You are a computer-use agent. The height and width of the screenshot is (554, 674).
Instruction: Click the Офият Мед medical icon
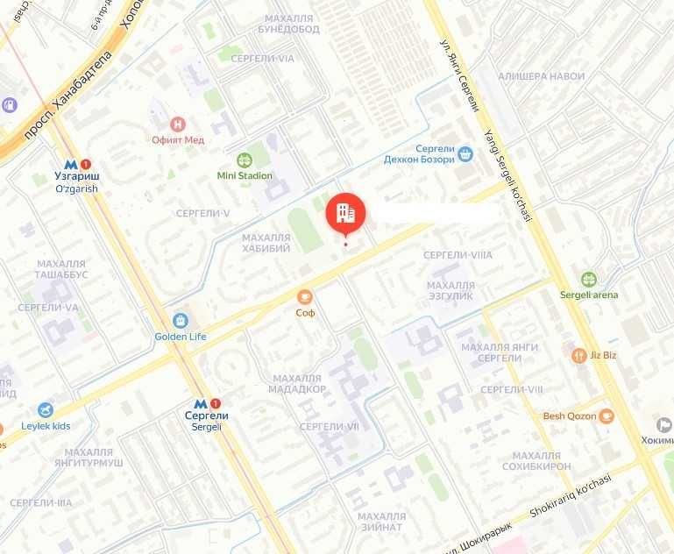(x=179, y=124)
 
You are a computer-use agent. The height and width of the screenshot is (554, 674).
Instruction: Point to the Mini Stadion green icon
(x=245, y=160)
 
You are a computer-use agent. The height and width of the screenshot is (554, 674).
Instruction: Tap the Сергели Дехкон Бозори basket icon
(x=465, y=153)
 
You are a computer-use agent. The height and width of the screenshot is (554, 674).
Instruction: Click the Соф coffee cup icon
(x=305, y=296)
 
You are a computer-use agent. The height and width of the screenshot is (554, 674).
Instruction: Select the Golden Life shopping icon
(x=180, y=321)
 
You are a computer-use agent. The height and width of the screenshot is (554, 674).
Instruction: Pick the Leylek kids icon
(x=45, y=410)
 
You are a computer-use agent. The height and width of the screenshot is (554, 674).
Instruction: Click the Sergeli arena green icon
(x=589, y=280)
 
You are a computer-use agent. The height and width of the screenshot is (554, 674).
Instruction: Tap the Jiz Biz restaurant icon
(x=578, y=355)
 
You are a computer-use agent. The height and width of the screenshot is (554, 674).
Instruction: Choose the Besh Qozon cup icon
(x=606, y=416)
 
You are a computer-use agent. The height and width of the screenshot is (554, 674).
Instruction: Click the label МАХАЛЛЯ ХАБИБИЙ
(x=266, y=243)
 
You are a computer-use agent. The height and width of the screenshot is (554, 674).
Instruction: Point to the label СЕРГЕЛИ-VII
(x=330, y=426)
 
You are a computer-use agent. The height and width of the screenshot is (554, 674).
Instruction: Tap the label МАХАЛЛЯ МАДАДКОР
(x=299, y=382)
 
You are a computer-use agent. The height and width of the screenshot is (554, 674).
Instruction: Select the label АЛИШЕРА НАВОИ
(x=541, y=77)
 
